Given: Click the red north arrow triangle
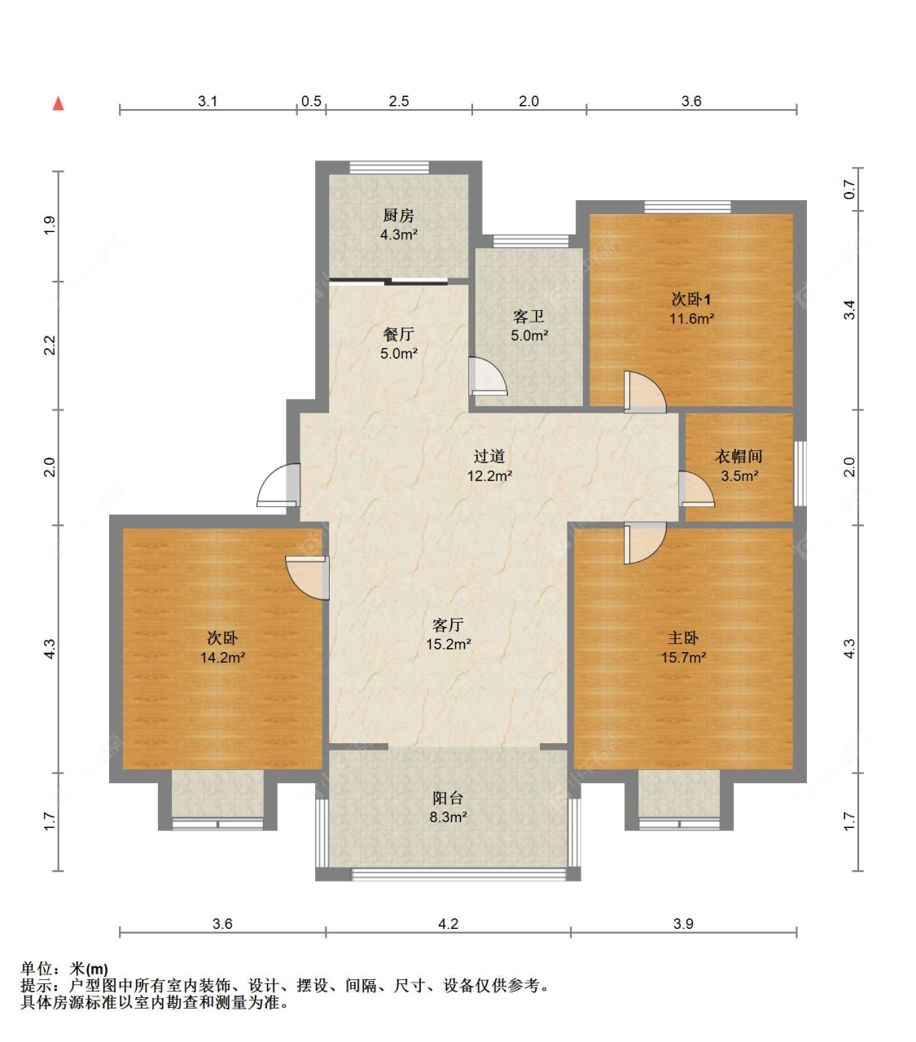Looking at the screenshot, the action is pyautogui.click(x=59, y=103).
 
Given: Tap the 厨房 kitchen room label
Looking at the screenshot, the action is pyautogui.click(x=399, y=216).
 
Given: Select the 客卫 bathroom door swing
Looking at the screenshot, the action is pyautogui.click(x=488, y=376).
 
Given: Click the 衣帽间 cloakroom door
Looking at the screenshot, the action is pyautogui.click(x=696, y=489).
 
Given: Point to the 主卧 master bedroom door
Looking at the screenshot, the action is pyautogui.click(x=645, y=543).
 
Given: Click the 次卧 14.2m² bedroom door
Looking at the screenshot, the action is pyautogui.click(x=308, y=577).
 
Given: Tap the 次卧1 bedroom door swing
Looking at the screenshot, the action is pyautogui.click(x=645, y=392).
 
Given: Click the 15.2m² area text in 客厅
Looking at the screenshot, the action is pyautogui.click(x=449, y=643).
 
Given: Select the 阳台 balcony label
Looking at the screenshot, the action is pyautogui.click(x=448, y=798).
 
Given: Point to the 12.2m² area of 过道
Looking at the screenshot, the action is pyautogui.click(x=489, y=475).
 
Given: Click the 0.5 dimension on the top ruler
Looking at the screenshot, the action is pyautogui.click(x=311, y=101).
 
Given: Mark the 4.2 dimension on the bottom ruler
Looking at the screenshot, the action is pyautogui.click(x=448, y=924).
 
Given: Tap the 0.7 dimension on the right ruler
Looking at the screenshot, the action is pyautogui.click(x=850, y=190).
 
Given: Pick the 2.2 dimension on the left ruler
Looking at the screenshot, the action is pyautogui.click(x=50, y=345).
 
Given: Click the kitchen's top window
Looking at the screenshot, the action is pyautogui.click(x=389, y=167).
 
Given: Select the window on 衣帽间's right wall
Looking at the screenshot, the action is pyautogui.click(x=800, y=473).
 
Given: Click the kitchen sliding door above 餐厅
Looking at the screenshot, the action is pyautogui.click(x=389, y=281).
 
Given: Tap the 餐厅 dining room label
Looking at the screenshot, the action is pyautogui.click(x=399, y=335).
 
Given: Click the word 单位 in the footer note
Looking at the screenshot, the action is pyautogui.click(x=37, y=969).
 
